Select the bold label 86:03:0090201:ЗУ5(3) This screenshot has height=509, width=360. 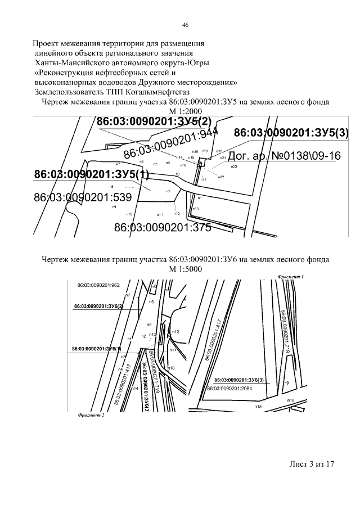pos(291,133)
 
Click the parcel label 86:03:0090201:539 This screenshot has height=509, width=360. pos(82,197)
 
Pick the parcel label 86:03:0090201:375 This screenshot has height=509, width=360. pos(162,228)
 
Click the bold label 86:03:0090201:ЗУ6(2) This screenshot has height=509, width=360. pos(98,306)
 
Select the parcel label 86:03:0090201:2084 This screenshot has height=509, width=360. pos(230,388)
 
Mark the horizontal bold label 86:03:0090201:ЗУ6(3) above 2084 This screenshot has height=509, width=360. pos(235,381)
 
